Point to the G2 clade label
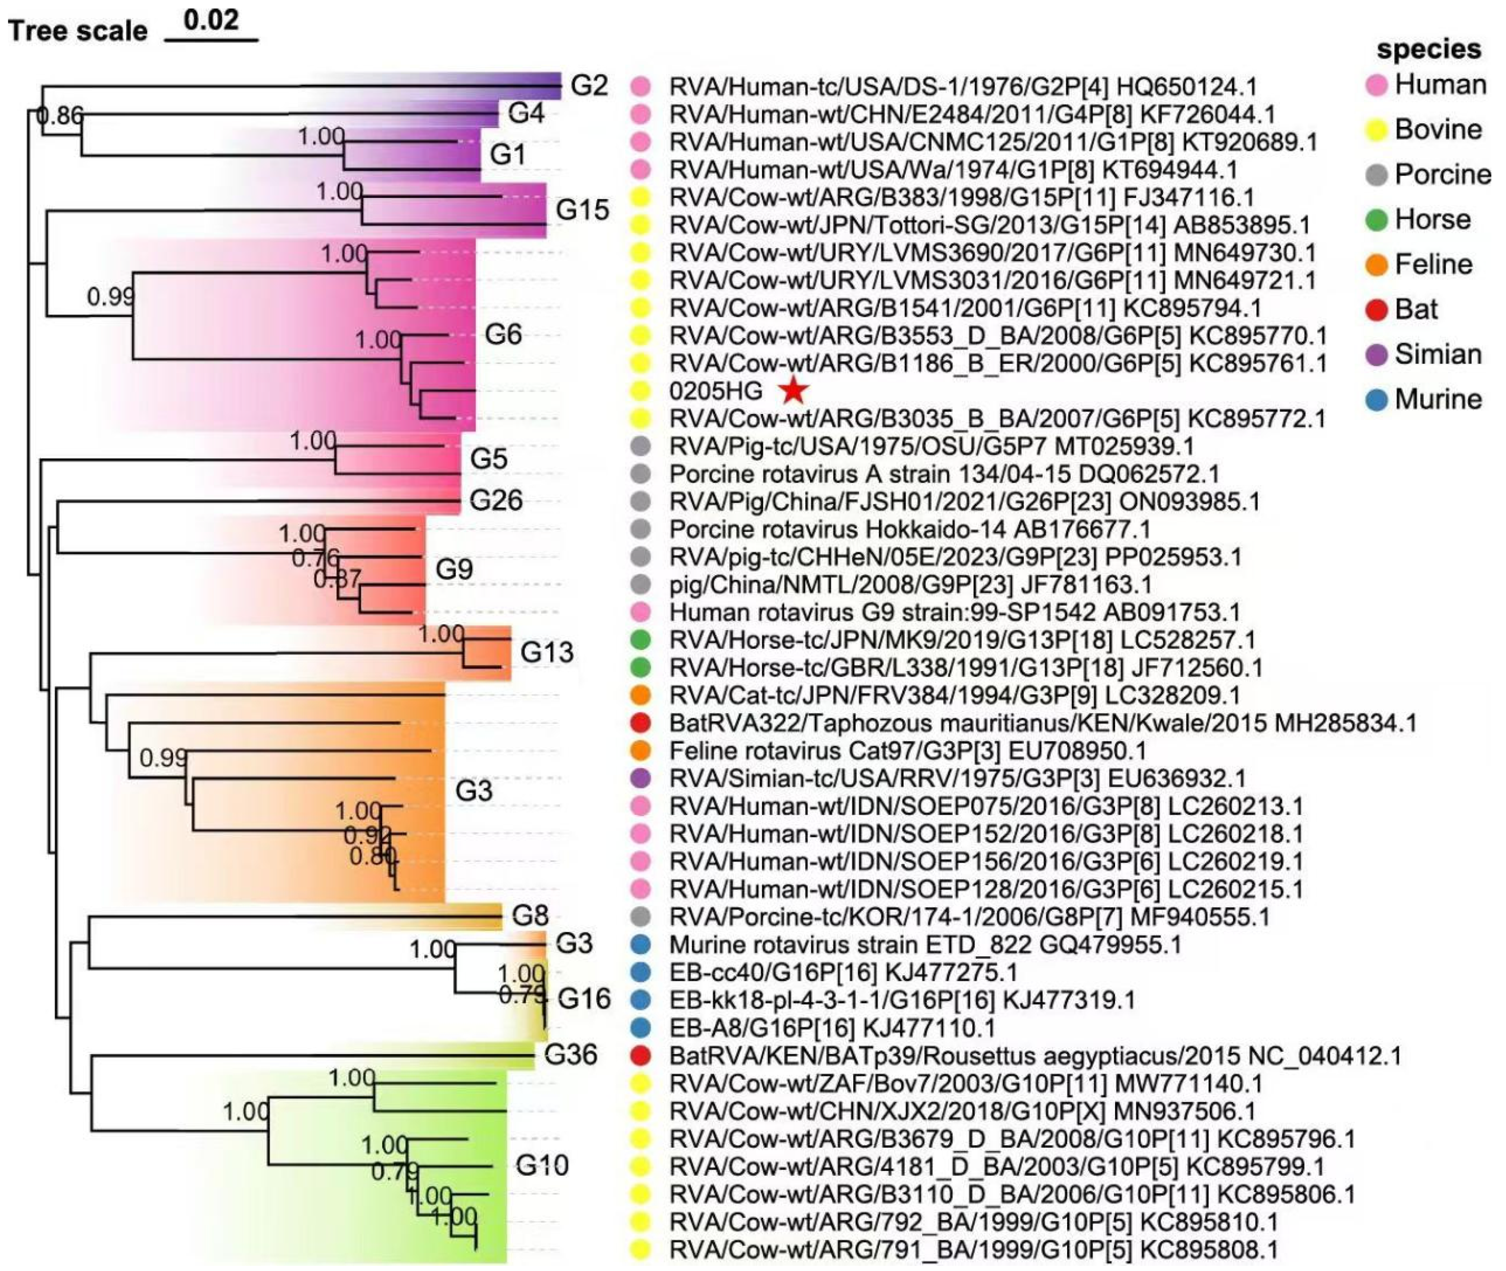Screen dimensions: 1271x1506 pos(589,86)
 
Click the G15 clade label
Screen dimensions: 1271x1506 pos(582,210)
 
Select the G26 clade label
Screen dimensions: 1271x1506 pos(496,500)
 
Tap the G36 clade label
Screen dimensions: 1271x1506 pos(571,1055)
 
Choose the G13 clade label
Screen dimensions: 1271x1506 pos(547,653)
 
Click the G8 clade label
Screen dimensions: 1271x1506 pos(530,916)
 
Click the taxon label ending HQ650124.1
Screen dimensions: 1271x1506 pos(963,87)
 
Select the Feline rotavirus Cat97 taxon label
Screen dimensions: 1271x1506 pos(907,751)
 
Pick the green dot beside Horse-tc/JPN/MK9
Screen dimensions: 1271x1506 pos(639,640)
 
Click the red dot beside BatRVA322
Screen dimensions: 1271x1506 pos(639,723)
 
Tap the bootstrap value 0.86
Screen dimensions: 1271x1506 pos(61,115)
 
